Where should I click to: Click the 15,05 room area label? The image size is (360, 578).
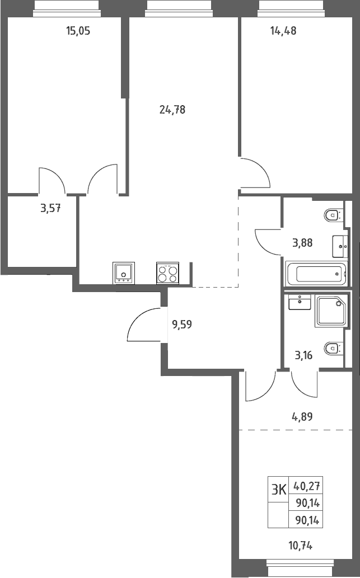78,31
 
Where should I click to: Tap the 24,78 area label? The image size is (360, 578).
172,110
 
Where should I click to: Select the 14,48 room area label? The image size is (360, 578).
283,31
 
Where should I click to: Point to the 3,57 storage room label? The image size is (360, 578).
50,209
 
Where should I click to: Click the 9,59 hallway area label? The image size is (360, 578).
182,325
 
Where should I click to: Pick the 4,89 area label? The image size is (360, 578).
302,417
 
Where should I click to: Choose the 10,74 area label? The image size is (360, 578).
300,546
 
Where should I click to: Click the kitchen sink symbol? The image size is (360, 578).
124,273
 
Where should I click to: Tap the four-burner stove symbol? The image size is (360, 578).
167,273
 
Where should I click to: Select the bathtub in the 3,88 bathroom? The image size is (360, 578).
316,274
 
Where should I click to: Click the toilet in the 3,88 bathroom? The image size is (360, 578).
334,215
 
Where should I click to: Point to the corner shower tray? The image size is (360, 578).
331,311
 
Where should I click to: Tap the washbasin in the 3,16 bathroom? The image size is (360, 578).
300,302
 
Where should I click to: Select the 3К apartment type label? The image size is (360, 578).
279,490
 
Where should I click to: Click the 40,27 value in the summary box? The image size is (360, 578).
306,486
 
